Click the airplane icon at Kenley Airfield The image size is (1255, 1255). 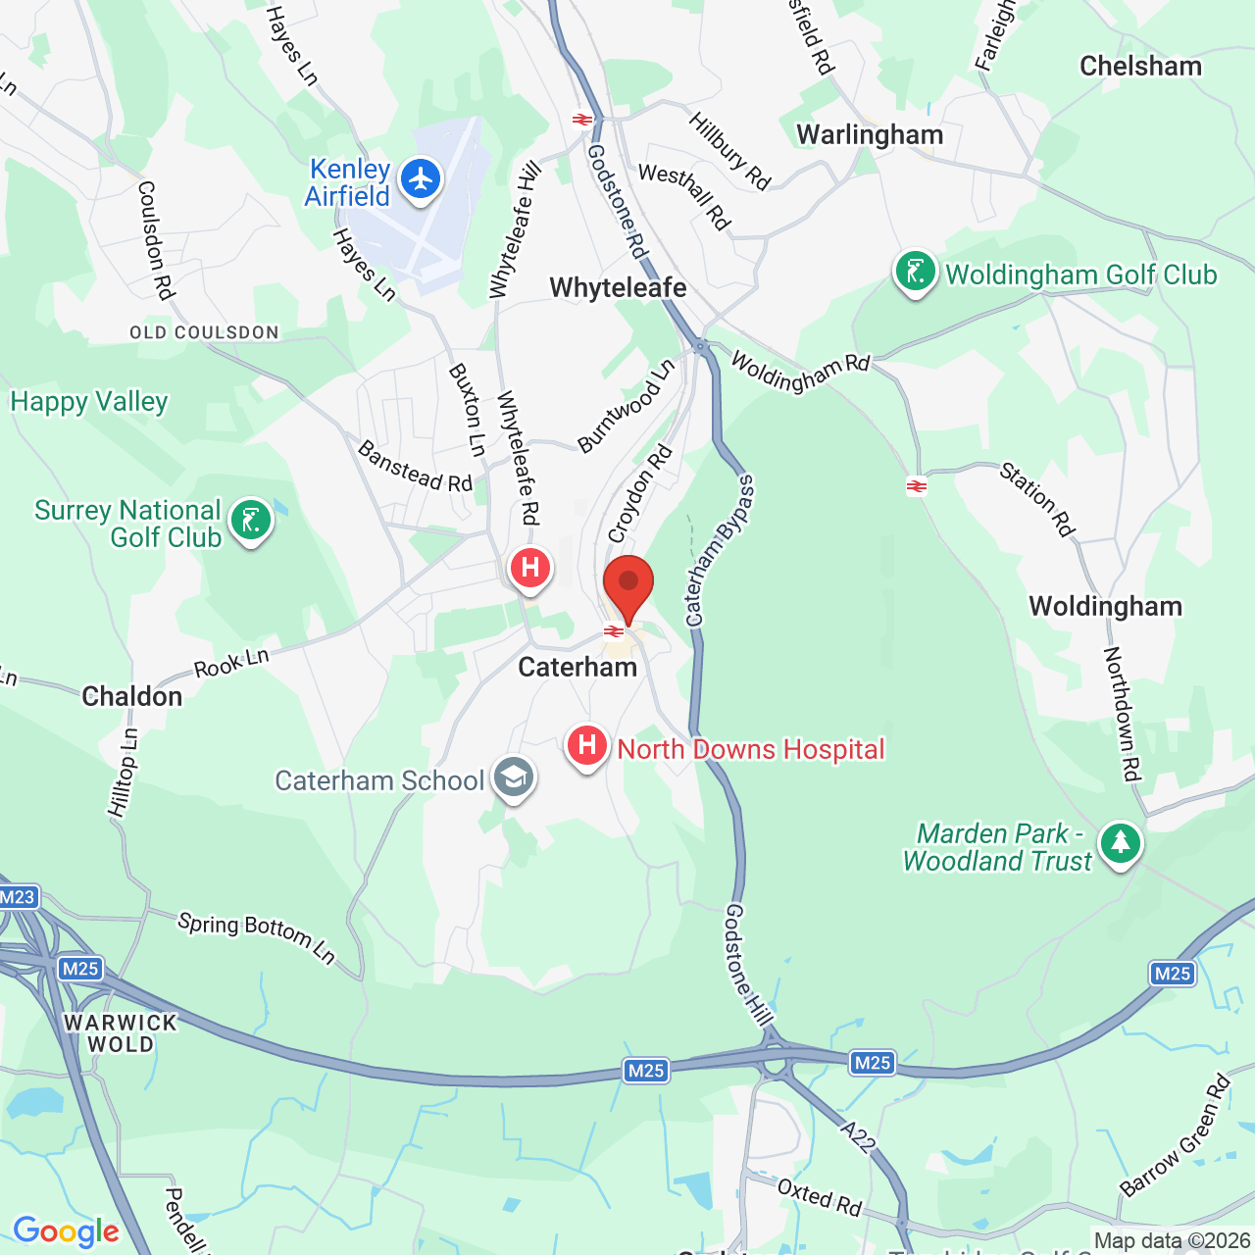click(x=422, y=180)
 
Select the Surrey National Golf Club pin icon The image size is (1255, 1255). click(x=251, y=522)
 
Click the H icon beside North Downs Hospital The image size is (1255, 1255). click(x=587, y=747)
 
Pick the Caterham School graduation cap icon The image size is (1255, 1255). click(x=513, y=778)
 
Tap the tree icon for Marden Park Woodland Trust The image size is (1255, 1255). click(x=1120, y=843)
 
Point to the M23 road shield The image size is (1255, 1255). click(x=18, y=896)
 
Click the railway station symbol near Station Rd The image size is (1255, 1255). click(x=917, y=486)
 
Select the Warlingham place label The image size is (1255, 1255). click(x=870, y=134)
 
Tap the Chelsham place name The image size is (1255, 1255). click(x=1140, y=66)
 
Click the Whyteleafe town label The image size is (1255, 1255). click(x=618, y=287)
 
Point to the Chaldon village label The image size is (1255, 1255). click(x=132, y=696)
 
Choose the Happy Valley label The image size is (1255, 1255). click(x=89, y=401)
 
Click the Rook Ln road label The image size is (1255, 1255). click(x=231, y=664)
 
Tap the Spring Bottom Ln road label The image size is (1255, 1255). click(x=257, y=936)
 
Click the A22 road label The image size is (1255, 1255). click(x=858, y=1136)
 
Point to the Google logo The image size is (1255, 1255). click(x=66, y=1231)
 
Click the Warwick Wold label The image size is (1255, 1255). click(x=121, y=1033)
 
